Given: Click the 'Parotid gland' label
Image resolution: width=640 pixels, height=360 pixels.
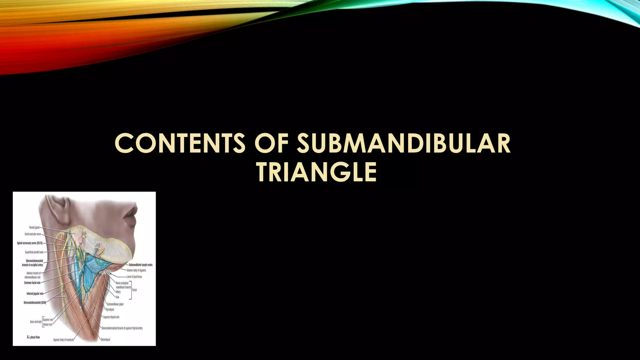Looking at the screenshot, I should click(x=34, y=227).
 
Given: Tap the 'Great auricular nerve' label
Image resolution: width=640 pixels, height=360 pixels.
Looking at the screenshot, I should click(x=33, y=234).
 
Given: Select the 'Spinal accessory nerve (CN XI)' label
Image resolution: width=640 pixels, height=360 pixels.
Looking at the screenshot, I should click(x=30, y=243).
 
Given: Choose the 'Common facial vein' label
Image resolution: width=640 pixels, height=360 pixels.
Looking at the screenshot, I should click(x=32, y=283).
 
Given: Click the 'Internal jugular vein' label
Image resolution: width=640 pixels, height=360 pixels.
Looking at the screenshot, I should click(x=35, y=293).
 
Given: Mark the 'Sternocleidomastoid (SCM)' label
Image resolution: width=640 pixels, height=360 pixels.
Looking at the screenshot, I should click(x=35, y=302).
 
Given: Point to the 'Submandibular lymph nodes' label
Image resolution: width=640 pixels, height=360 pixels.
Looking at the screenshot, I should click(x=141, y=265).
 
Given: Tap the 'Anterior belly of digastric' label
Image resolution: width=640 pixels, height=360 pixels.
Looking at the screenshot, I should click(x=136, y=270).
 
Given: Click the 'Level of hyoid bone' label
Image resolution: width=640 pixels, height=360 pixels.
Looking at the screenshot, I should click(x=136, y=277).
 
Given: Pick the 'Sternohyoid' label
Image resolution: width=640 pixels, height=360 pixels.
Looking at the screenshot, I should click(x=105, y=339).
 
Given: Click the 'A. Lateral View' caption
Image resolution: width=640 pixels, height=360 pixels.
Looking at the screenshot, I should click(x=33, y=337).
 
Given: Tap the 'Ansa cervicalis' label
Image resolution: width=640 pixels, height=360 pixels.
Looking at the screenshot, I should click(x=36, y=322).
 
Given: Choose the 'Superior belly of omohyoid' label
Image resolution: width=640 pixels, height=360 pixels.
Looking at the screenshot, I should click(x=63, y=340).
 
